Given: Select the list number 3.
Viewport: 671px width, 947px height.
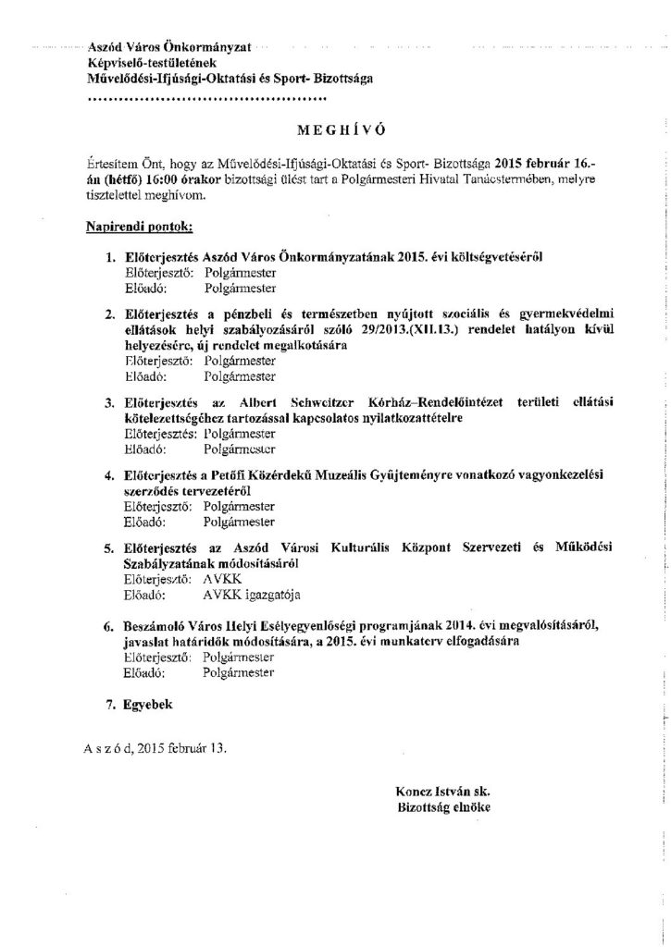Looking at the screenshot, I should tap(111, 403).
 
